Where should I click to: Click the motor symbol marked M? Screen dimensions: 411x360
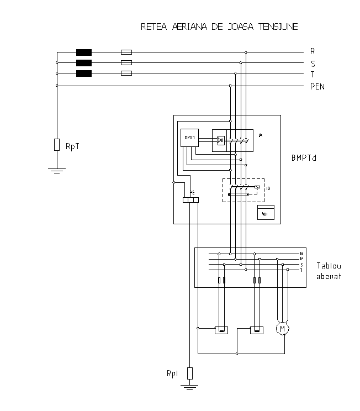click(283, 329)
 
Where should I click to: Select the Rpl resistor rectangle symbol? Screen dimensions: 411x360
click(189, 373)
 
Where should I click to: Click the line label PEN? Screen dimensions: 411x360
click(317, 86)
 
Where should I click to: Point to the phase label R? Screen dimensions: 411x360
click(313, 51)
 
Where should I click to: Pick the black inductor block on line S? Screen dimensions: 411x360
click(84, 63)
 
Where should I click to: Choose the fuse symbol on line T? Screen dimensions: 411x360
click(126, 73)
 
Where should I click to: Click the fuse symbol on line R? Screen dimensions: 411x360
click(126, 52)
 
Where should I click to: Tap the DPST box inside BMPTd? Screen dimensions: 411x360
click(189, 137)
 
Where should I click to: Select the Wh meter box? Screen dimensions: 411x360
click(265, 213)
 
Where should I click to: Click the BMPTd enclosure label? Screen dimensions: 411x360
click(303, 157)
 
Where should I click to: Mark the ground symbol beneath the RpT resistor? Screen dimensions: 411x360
click(56, 170)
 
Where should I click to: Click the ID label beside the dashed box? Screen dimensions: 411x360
click(268, 188)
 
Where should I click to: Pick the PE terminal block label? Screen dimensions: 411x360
click(192, 192)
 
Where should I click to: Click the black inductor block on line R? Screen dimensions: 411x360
click(84, 52)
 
